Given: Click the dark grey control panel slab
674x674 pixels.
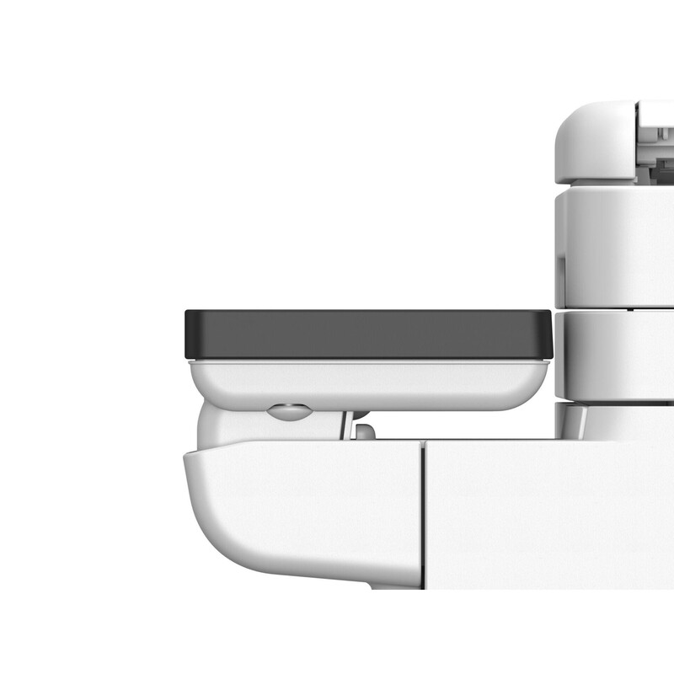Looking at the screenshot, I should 367,334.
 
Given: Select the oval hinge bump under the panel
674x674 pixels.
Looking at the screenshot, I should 287,412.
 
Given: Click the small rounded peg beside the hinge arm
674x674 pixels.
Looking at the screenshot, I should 365,431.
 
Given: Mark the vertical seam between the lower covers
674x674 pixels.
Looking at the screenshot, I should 424,514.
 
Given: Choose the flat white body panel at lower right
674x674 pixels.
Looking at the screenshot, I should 548,514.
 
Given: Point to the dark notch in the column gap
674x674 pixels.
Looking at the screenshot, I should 630,309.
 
